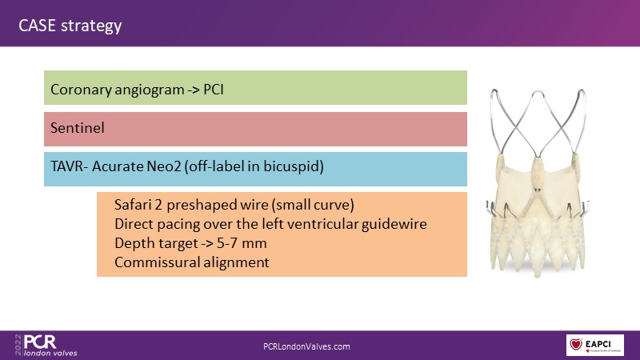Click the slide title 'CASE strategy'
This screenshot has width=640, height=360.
pyautogui.click(x=70, y=26)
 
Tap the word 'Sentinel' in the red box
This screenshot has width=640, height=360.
pyautogui.click(x=78, y=128)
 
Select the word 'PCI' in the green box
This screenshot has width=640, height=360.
pyautogui.click(x=214, y=90)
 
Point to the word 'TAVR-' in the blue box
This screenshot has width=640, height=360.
pyautogui.click(x=69, y=166)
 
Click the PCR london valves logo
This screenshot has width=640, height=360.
pyautogui.click(x=46, y=346)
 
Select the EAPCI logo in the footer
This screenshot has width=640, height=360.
pyautogui.click(x=594, y=346)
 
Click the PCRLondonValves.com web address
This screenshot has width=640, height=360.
pyautogui.click(x=306, y=346)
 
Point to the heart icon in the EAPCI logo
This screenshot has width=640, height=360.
pyautogui.click(x=576, y=344)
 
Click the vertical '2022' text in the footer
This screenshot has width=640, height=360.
pyautogui.click(x=18, y=345)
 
